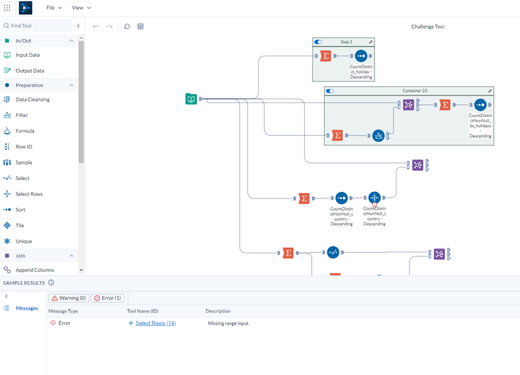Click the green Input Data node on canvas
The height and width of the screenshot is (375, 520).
[x=191, y=99]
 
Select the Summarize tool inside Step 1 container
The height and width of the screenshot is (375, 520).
[x=326, y=56]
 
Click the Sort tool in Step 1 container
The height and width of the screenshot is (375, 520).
[x=361, y=56]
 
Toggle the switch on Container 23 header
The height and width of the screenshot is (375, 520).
[x=330, y=91]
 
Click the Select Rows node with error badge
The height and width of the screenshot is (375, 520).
[x=374, y=197]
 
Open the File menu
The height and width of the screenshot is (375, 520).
[x=54, y=8]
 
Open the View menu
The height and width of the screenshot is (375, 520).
[x=81, y=8]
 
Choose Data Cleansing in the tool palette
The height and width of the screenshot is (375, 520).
[x=32, y=100]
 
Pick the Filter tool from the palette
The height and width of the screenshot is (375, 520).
[x=22, y=116]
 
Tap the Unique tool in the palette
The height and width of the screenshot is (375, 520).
[x=24, y=242]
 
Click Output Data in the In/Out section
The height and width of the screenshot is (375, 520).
[x=29, y=71]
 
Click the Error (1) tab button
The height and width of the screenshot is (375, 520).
[x=107, y=298]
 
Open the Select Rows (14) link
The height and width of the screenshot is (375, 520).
[x=155, y=323]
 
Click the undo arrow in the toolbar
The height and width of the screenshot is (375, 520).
[x=96, y=26]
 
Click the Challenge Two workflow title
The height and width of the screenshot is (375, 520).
[x=428, y=26]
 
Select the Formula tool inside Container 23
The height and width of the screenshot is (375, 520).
[x=378, y=136]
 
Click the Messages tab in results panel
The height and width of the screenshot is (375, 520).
[x=26, y=308]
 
